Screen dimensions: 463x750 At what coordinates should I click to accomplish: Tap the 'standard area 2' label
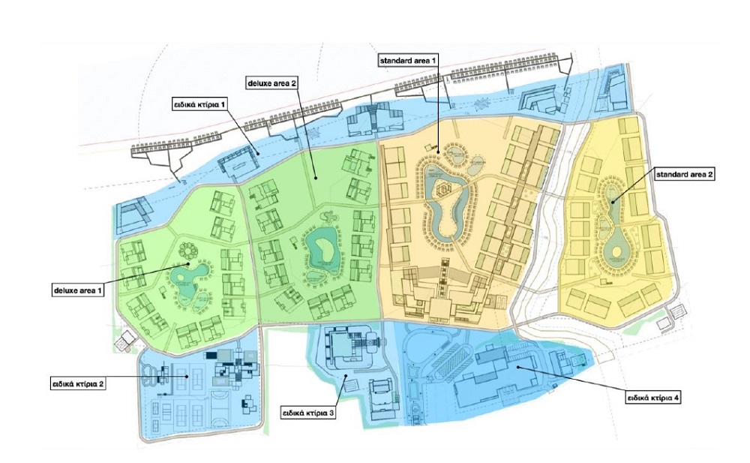click(x=685, y=174)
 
